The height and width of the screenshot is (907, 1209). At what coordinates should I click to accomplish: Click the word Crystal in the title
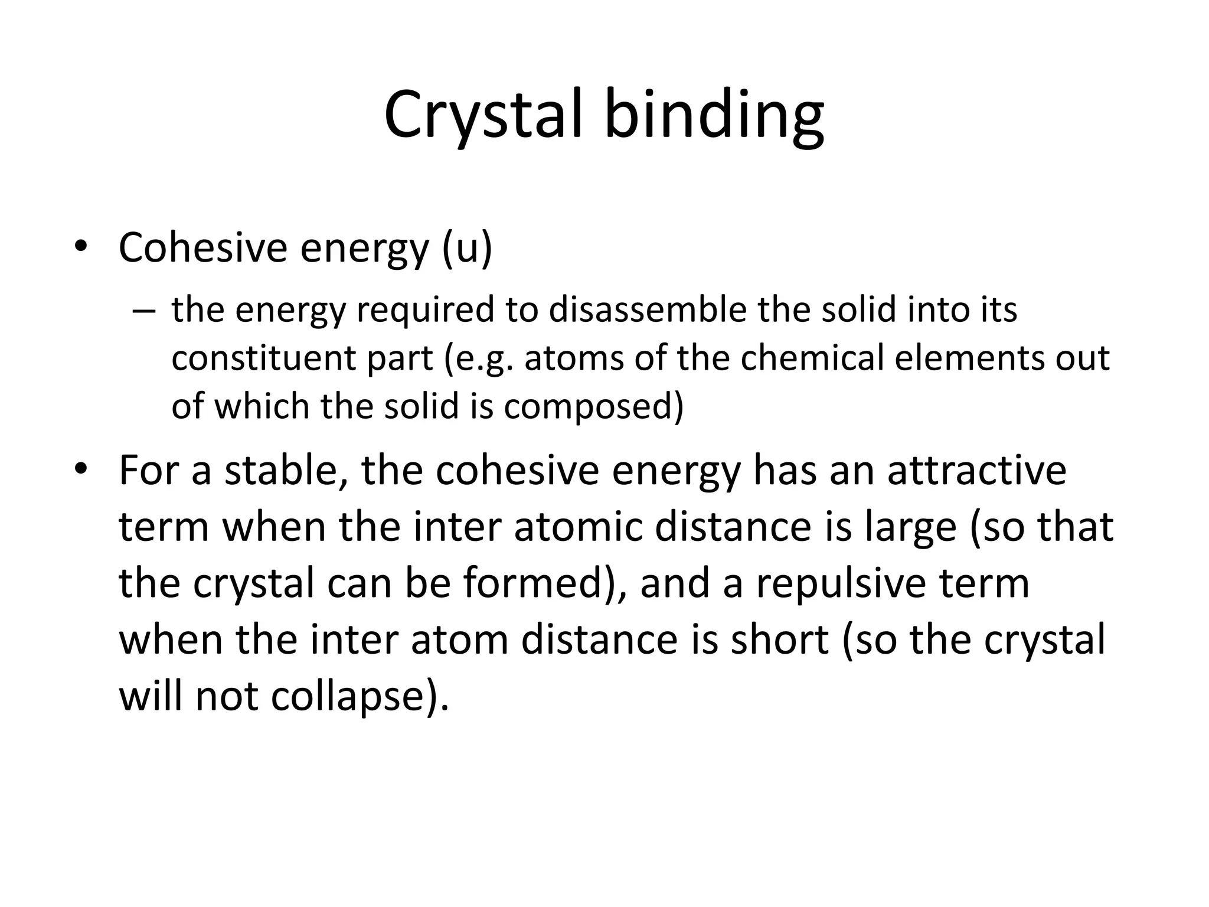483,115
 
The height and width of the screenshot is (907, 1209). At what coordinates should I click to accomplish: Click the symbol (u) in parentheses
466,249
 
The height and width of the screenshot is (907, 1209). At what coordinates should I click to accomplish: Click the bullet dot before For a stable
80,470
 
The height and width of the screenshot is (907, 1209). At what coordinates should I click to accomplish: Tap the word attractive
976,470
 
